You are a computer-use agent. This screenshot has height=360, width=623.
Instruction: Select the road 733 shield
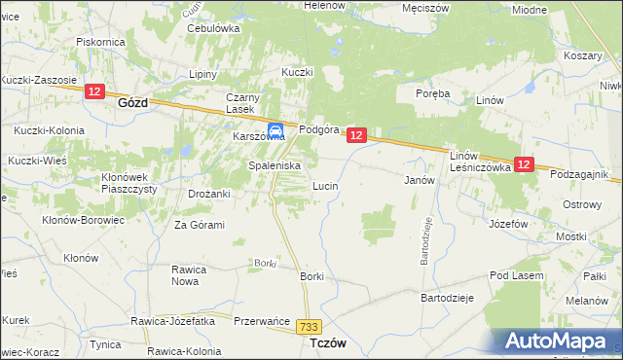[x=311, y=329]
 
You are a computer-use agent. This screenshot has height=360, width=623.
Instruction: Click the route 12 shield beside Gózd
[x=94, y=91]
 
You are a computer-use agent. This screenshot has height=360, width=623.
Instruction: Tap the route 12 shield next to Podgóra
[x=356, y=136]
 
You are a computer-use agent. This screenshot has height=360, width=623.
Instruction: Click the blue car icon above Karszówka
[x=275, y=129]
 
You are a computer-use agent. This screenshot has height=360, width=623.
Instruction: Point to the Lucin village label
[x=324, y=185]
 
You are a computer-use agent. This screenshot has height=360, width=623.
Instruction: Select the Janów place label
[x=418, y=180]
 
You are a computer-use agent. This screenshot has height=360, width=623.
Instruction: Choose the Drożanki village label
[x=208, y=194]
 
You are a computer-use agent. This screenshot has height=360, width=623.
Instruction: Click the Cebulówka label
[x=213, y=28]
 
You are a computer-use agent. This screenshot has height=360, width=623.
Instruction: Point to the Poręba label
[x=431, y=93]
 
